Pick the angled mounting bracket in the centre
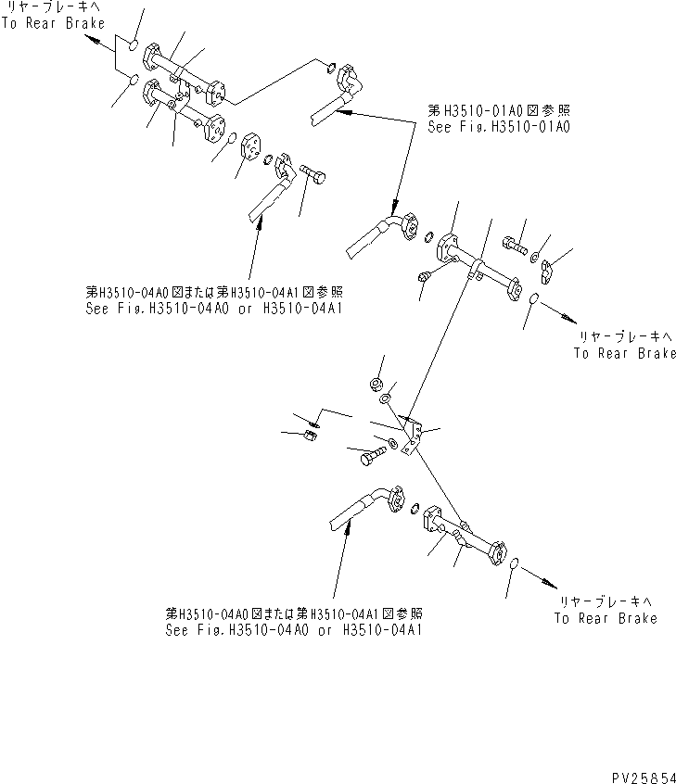pyautogui.click(x=414, y=434)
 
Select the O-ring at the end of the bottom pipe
pyautogui.click(x=516, y=563)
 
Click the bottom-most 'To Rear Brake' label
pyautogui.click(x=606, y=618)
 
